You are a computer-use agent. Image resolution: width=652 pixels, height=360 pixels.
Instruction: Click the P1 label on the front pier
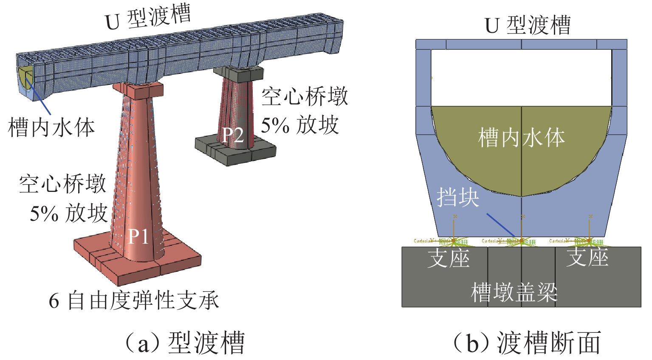(139, 236)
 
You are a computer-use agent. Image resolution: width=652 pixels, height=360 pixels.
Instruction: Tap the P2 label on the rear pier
(233, 135)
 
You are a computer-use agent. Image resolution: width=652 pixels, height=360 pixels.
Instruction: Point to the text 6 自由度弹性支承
(134, 301)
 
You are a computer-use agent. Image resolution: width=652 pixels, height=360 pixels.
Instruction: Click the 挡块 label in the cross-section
(458, 197)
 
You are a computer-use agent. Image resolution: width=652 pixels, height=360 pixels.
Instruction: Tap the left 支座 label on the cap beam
(449, 258)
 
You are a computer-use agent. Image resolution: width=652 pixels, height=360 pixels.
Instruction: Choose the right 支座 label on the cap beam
(587, 257)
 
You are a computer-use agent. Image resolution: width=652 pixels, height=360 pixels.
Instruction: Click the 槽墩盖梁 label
(514, 292)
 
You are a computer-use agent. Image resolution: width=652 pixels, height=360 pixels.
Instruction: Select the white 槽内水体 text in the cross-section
(522, 138)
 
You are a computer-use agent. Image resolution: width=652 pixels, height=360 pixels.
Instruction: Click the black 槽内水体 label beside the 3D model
(51, 127)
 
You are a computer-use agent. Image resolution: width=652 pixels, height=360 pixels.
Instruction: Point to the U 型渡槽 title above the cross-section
(528, 26)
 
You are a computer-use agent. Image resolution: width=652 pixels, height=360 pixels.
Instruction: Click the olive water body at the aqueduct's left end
(23, 76)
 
